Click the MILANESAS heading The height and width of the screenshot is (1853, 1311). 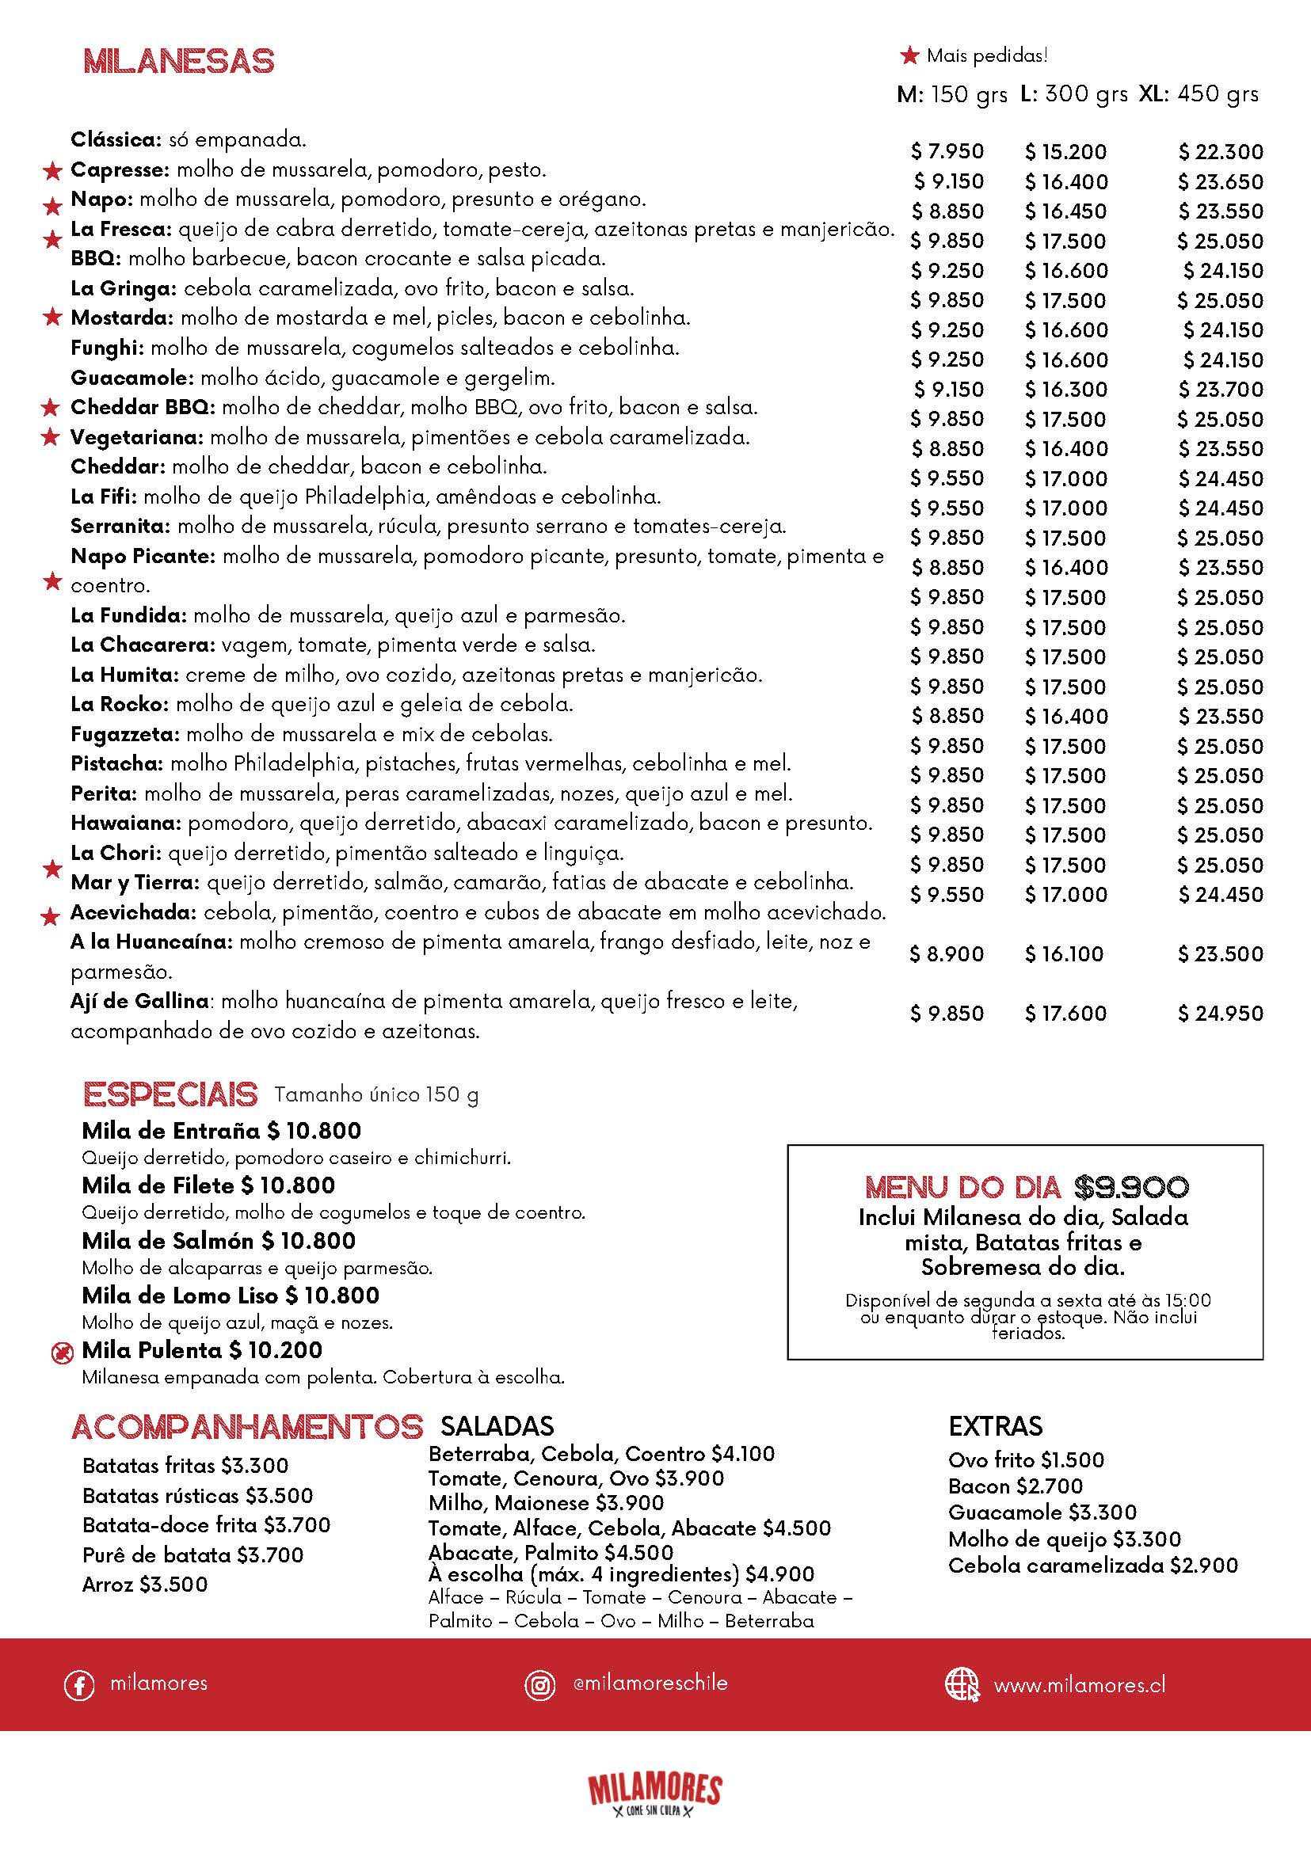click(178, 62)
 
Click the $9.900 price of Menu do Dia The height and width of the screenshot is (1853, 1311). click(1131, 1186)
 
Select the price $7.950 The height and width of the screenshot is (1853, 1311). click(947, 152)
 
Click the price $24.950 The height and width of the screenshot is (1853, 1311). click(1220, 1014)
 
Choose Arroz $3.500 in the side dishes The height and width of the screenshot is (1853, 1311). click(144, 1585)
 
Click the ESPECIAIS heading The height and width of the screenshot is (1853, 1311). click(170, 1095)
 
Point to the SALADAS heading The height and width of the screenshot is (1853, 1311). click(497, 1426)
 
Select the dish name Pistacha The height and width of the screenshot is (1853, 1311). click(117, 763)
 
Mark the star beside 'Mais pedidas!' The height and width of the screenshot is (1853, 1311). click(910, 55)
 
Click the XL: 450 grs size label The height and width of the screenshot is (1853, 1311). click(1198, 94)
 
